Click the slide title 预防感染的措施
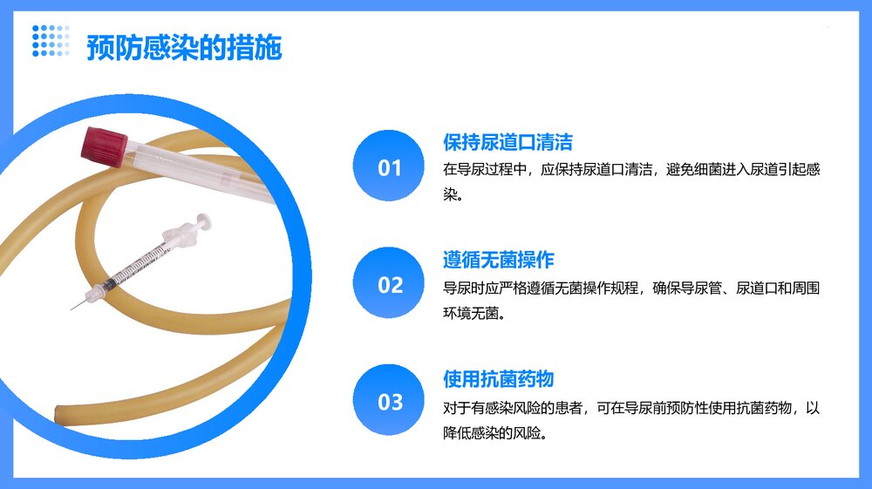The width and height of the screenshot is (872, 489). click(x=184, y=48)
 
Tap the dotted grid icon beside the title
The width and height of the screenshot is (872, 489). click(x=51, y=40)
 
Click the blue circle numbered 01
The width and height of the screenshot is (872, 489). click(x=390, y=167)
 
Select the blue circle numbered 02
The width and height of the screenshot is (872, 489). click(x=390, y=284)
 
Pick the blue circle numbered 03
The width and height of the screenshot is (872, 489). click(x=390, y=402)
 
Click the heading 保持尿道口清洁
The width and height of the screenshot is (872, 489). click(x=508, y=142)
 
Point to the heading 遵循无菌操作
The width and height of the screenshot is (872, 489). click(x=498, y=260)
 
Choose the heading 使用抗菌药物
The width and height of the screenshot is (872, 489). click(x=498, y=379)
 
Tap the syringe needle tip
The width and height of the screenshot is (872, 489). click(x=72, y=308)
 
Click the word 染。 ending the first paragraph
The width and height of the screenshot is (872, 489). click(x=451, y=194)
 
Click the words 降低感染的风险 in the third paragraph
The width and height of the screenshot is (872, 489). click(x=494, y=432)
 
